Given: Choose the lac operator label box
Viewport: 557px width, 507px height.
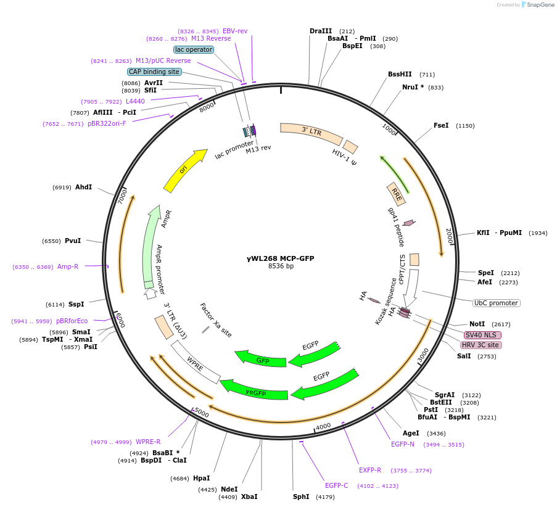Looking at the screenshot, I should click(x=194, y=49).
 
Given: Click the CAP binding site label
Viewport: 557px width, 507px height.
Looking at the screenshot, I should click(x=154, y=72).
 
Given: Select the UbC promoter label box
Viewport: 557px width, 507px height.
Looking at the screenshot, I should click(x=496, y=303).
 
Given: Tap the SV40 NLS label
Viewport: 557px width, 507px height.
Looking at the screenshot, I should click(x=482, y=335).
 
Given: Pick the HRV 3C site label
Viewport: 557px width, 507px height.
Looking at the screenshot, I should click(x=481, y=345).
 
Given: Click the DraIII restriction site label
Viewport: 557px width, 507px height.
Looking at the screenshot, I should click(x=321, y=31).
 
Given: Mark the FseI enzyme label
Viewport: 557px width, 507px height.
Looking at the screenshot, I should click(x=441, y=125).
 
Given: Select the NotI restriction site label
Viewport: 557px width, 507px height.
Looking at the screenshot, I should click(x=477, y=324).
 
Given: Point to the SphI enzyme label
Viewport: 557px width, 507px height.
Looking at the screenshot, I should click(x=302, y=497).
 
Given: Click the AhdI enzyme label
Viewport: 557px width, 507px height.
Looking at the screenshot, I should click(x=83, y=187).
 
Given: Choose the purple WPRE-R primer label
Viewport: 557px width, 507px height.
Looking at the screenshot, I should click(x=148, y=442).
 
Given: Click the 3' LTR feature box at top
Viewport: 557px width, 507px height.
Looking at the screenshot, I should click(x=311, y=131).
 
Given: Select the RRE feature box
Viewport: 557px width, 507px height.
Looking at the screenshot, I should click(x=396, y=195).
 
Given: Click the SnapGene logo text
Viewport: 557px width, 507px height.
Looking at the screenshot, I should click(x=540, y=5).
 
